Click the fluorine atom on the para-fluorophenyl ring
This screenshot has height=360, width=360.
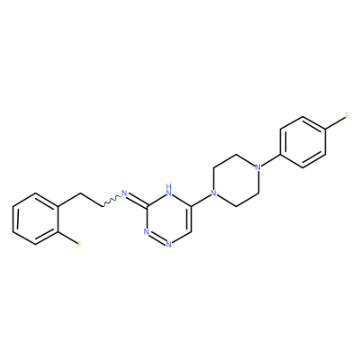point(347,116)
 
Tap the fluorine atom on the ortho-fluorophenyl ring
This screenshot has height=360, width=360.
point(79,245)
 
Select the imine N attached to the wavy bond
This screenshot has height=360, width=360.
point(124,193)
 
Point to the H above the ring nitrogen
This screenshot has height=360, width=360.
point(168,187)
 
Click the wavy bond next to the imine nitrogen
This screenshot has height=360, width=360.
point(112,201)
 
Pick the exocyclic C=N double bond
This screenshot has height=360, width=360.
point(137,201)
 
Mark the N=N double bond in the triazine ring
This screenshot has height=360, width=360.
point(157,238)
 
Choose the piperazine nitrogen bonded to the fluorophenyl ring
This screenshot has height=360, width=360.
point(257,167)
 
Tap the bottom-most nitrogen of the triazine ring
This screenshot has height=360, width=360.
point(168,245)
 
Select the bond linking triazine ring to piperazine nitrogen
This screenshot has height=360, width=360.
point(201,200)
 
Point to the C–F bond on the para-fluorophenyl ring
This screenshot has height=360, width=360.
point(335,123)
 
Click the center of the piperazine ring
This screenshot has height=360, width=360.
point(235,180)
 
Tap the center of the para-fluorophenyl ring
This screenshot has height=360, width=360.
point(302,142)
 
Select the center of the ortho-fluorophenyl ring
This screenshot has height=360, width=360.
point(35,219)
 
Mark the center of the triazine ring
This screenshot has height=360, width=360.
point(168,219)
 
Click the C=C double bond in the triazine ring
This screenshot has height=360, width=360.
point(190,219)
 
